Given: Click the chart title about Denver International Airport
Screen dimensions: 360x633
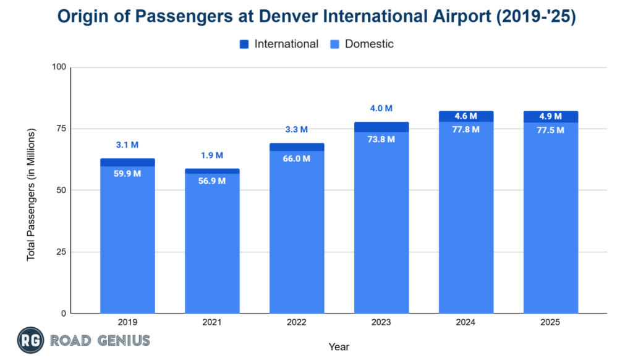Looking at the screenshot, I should click(x=316, y=17).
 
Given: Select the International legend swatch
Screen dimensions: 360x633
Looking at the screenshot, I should click(x=244, y=44).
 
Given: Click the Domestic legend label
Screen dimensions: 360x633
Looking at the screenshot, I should click(x=369, y=44).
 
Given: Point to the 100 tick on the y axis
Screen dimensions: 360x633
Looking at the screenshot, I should click(x=59, y=67).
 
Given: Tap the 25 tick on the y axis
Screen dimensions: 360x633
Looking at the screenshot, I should click(x=61, y=252).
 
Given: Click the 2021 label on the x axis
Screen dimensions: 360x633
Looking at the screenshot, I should click(x=212, y=323).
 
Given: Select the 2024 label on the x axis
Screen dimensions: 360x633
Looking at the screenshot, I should click(x=466, y=323).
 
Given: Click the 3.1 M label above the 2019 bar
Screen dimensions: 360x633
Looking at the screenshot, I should click(x=127, y=145).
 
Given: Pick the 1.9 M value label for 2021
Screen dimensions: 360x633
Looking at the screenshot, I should click(x=212, y=156).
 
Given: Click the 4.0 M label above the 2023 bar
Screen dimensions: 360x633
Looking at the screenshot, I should click(x=381, y=108).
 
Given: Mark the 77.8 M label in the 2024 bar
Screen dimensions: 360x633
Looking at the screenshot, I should click(x=466, y=130).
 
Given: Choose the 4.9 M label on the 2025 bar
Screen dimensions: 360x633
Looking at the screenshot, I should click(x=551, y=116).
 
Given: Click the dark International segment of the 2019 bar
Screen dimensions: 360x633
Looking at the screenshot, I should click(x=127, y=163).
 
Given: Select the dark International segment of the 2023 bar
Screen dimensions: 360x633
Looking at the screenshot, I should click(x=381, y=127).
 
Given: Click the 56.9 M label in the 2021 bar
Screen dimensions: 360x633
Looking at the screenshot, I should click(x=212, y=182).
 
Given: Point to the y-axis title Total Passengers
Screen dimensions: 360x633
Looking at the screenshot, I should click(x=32, y=194).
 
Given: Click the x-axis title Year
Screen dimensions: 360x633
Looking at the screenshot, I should click(x=339, y=347).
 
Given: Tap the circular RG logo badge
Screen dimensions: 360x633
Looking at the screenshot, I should click(x=30, y=340).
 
